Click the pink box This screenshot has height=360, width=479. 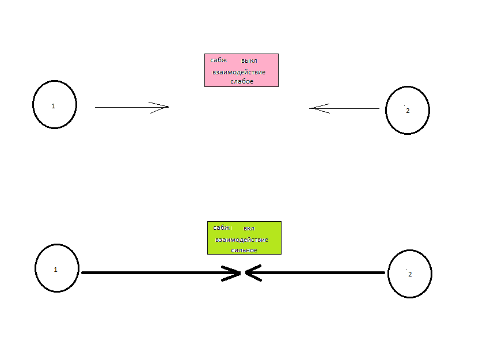tap(241, 70)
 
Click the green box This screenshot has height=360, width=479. tap(244, 238)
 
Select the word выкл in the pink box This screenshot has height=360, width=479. tap(249, 61)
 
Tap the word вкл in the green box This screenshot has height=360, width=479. tap(249, 228)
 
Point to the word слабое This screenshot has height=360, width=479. tap(242, 81)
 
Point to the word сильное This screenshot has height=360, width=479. tap(244, 251)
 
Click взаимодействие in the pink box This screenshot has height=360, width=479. tap(239, 73)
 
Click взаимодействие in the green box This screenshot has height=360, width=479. tap(242, 240)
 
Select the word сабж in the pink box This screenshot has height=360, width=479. tap(218, 60)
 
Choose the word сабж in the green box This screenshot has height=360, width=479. tap(222, 228)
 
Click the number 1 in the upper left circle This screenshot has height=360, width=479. tap(53, 106)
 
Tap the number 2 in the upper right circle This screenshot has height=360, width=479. tap(408, 111)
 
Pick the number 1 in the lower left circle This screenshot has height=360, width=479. tap(55, 270)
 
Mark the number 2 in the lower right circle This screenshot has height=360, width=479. tap(410, 274)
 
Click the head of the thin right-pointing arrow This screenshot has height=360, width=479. tap(168, 107)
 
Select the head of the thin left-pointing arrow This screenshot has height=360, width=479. tap(310, 108)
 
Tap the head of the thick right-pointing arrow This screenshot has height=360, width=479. tap(240, 273)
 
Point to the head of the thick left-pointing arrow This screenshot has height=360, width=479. tap(246, 273)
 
